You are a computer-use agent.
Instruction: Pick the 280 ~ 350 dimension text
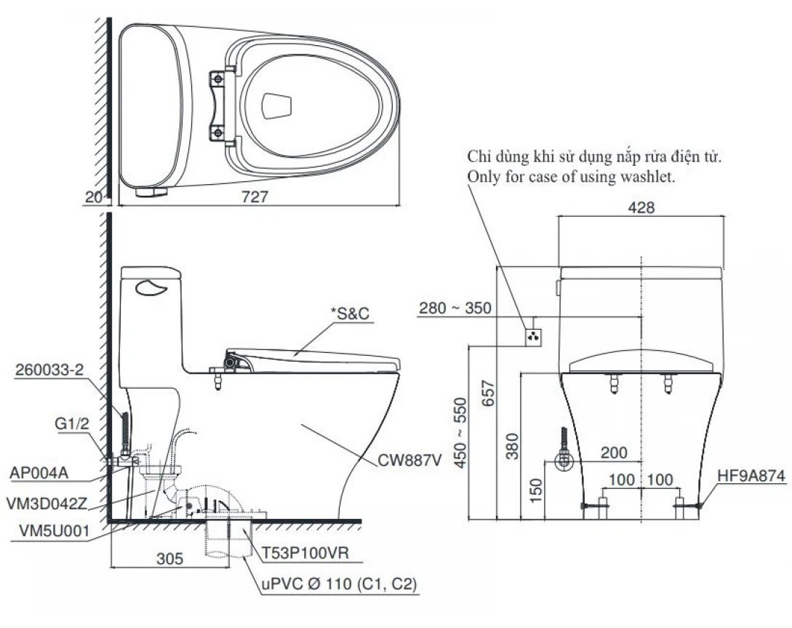456,309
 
